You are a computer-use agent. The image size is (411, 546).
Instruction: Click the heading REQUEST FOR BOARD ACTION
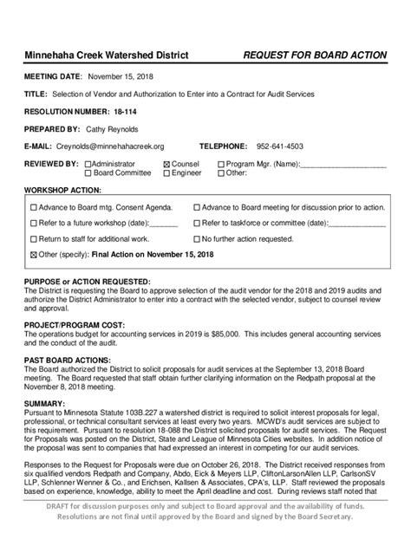click(316, 55)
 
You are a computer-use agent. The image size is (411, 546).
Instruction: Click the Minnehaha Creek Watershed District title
click(106, 55)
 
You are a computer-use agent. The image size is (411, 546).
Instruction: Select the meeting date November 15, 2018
click(121, 76)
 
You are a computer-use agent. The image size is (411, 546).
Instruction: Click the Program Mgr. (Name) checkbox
click(221, 164)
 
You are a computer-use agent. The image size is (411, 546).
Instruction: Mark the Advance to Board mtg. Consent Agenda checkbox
click(34, 208)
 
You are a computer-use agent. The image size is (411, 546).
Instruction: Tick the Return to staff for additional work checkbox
click(34, 238)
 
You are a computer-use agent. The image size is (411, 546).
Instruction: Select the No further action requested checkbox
click(197, 238)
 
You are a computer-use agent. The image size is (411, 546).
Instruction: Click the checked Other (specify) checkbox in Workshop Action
click(34, 255)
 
